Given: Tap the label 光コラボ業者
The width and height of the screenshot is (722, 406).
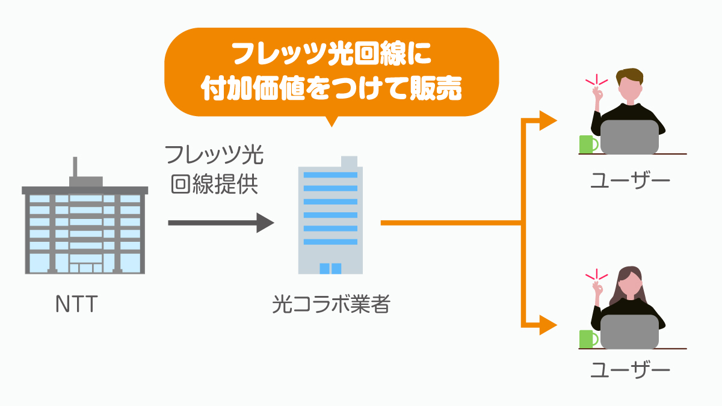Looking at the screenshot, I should coord(331,305).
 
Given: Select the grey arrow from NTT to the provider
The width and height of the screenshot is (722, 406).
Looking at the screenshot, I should coord(220,223).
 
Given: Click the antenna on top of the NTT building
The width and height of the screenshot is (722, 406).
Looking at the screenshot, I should coord(76,167).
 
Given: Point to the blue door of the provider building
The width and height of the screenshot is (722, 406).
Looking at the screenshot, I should coord(330,268).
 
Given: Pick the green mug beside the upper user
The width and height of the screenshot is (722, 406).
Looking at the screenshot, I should coord(587,144).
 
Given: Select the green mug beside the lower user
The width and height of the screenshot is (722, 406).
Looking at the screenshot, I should coord(587,339).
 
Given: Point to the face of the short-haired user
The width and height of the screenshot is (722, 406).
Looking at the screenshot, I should coord(630,90).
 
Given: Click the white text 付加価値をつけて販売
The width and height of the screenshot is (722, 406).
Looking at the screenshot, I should coord(332,90).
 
